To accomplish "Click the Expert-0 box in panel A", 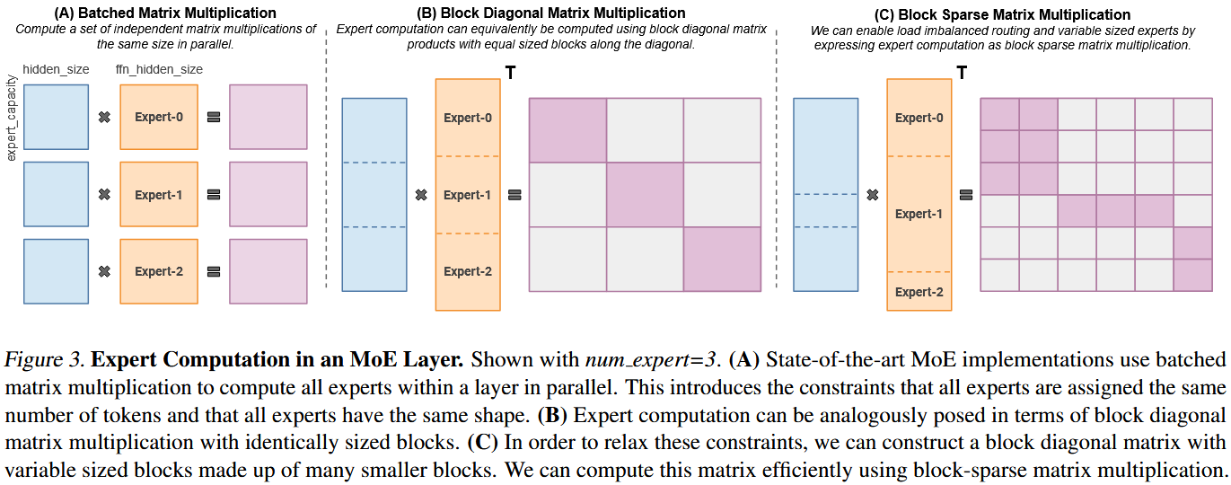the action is pos(159,117).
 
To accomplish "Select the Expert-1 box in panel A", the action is pos(159,194).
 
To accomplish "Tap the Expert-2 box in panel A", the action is pos(159,271).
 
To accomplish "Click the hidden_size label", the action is pos(56,69).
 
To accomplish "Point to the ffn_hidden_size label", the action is pos(159,69).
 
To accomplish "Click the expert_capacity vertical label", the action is pos(11,118).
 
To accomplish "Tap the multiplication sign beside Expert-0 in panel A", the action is pos(104,117).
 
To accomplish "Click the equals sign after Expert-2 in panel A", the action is pos(214,271).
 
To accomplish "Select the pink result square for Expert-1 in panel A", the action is pos(268,194).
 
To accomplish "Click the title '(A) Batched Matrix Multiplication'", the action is pos(165,13).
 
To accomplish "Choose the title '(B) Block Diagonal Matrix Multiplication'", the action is pos(550,13).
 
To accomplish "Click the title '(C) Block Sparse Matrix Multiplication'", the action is pos(1003,14).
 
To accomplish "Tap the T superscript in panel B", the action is pos(511,73).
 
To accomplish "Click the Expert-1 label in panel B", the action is pos(467,195).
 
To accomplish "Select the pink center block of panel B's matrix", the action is pos(646,195).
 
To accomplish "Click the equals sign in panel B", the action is pos(514,195).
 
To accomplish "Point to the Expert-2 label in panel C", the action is pos(919,292).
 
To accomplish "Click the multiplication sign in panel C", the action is pos(873,195).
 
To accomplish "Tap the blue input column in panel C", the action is pos(825,195).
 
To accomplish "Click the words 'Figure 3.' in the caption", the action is pos(44,359).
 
